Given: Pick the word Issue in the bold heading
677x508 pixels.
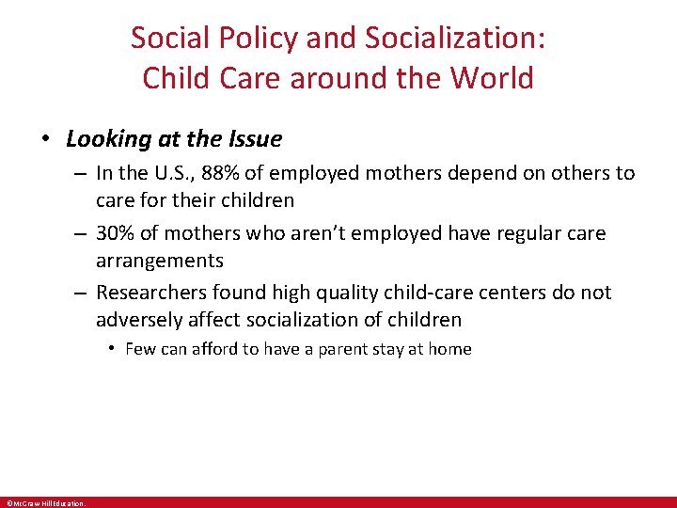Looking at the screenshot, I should pos(254,139).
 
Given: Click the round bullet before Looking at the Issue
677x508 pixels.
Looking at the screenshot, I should pos(45,139).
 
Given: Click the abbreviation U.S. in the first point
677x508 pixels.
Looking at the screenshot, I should pos(167,173).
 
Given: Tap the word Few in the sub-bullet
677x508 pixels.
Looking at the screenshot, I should pos(139,349).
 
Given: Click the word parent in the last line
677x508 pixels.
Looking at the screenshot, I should pos(338,349).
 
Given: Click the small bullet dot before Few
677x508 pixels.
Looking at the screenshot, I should pos(111,349).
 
